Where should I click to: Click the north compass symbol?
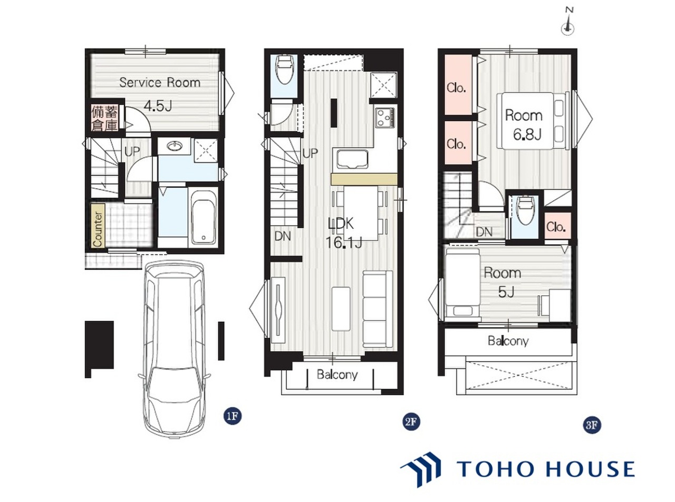coord(567,25)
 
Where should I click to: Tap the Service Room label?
coord(160,82)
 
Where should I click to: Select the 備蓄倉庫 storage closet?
coord(105,119)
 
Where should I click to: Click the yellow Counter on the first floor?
coord(98,226)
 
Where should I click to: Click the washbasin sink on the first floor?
coord(175,147)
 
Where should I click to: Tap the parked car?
coord(174,349)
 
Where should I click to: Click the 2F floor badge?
coord(411,422)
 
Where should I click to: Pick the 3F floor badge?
coord(592,424)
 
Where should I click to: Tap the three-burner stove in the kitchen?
coord(386,118)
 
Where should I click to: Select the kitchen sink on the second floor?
coord(352,159)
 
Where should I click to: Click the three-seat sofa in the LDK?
coord(377,308)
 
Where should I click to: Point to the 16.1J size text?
coord(344,243)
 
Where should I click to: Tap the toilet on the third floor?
coord(526,210)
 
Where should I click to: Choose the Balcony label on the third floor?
coord(508,341)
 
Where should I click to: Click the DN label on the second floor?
coord(283,236)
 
